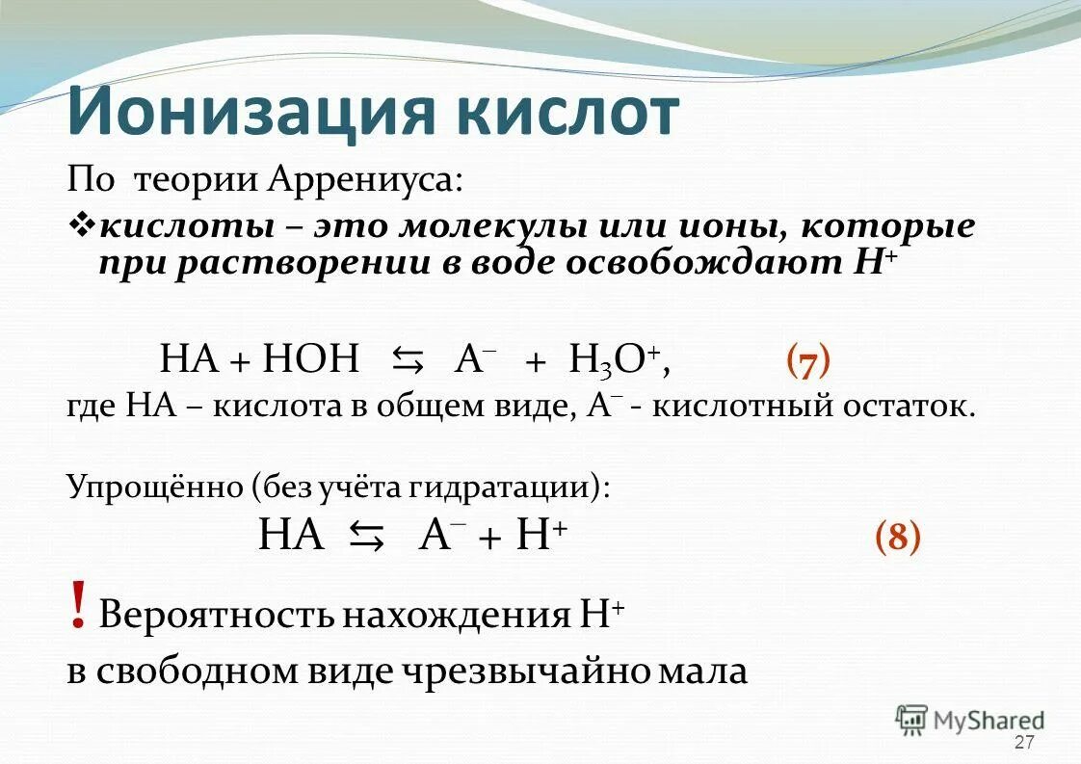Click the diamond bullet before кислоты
coord(81,227)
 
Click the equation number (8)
coord(897,535)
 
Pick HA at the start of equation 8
coord(291,534)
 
